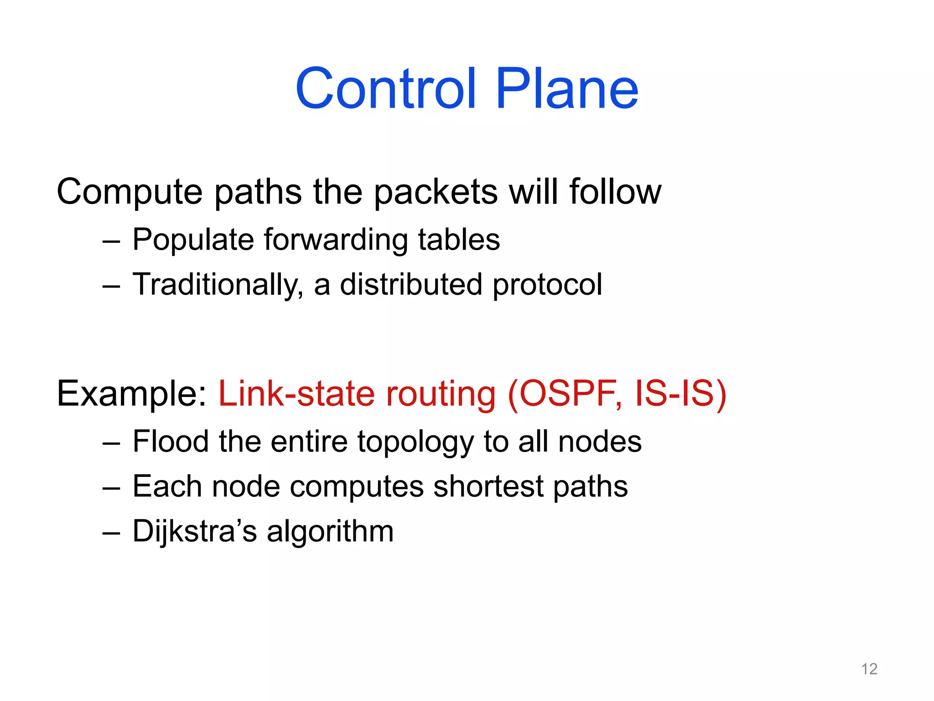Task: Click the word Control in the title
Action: [386, 89]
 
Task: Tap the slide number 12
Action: [869, 669]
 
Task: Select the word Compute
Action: [130, 192]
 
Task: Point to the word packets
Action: [436, 192]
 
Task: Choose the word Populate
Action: [192, 240]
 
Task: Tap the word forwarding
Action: [336, 240]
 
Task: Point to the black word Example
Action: [131, 393]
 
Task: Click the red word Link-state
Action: [296, 393]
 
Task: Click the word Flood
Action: [171, 441]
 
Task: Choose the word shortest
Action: [488, 486]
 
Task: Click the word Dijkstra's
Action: [194, 531]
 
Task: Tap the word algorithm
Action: [330, 531]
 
